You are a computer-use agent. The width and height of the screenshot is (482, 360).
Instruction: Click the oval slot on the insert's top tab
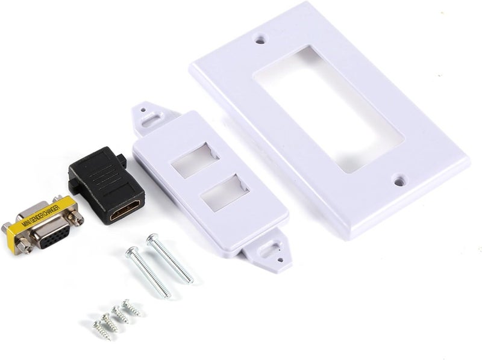pyautogui.click(x=150, y=117)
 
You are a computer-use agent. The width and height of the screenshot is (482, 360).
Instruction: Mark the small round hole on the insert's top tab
pyautogui.click(x=143, y=110)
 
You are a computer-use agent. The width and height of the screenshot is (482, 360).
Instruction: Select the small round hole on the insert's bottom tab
pyautogui.click(x=280, y=260)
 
